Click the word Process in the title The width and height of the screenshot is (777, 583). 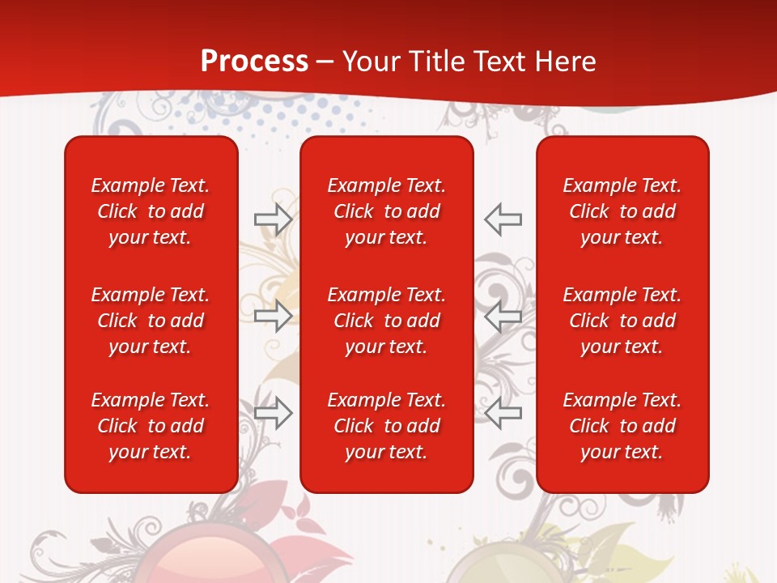254,62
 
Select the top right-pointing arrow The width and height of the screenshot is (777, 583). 274,219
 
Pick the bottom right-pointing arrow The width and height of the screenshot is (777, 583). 274,412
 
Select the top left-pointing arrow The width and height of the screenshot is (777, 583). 503,219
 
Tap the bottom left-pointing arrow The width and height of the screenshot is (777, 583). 503,412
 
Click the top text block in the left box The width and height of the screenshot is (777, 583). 151,211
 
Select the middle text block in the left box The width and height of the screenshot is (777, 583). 151,321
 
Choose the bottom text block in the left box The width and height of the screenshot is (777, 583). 151,426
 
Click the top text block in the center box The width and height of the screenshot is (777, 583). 386,211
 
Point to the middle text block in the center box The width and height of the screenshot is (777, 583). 386,321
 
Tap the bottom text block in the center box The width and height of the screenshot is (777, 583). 386,426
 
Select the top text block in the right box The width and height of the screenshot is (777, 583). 622,211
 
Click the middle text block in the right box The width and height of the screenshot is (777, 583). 622,321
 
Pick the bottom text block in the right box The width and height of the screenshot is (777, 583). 622,426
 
